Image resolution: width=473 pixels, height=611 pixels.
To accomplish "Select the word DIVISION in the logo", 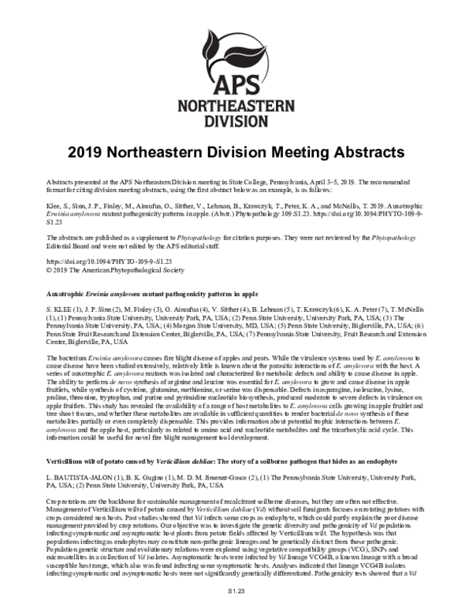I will pos(236,123).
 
